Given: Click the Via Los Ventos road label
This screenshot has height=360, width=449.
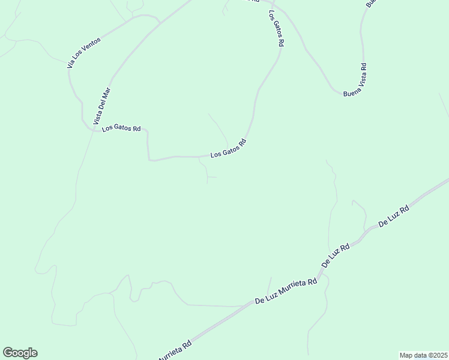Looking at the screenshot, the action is tap(84, 52).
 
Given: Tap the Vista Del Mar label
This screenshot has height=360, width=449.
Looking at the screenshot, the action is tap(102, 106).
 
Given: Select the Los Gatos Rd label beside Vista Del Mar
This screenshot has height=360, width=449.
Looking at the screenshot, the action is tap(121, 128).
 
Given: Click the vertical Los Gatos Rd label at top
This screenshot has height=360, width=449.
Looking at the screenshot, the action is tap(276, 28).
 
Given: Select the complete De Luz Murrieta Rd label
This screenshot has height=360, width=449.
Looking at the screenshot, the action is tap(286, 291).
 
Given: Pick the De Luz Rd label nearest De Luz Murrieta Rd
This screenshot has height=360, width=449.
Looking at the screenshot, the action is tap(336, 255).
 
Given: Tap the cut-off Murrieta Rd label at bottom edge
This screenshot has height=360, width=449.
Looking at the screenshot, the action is tap(175, 351).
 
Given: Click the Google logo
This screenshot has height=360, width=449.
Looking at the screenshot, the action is tap(20, 353).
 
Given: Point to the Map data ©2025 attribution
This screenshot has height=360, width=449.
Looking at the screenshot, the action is tap(423, 355).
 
